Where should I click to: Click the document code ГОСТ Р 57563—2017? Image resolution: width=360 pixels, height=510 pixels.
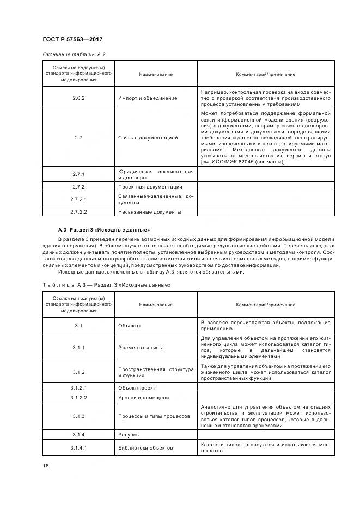click(72, 39)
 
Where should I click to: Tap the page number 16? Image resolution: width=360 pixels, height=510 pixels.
click(45, 465)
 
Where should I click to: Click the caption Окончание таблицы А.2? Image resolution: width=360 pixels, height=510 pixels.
click(74, 54)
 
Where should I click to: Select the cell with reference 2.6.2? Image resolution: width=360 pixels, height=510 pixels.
click(78, 98)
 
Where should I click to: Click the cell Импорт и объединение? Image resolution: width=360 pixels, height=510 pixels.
click(147, 98)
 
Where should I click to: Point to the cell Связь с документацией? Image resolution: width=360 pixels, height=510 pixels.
click(148, 138)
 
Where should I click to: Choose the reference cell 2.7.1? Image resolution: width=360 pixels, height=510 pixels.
click(78, 174)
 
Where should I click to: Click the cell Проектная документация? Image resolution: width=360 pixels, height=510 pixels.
click(150, 187)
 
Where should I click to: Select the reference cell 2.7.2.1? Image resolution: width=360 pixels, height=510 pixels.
click(78, 199)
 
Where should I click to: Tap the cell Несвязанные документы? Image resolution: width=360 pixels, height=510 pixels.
click(149, 211)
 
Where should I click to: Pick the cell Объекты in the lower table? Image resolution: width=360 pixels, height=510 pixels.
click(130, 325)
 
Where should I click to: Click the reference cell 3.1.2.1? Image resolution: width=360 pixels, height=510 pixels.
click(78, 387)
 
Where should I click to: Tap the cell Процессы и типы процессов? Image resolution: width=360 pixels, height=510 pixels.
click(154, 416)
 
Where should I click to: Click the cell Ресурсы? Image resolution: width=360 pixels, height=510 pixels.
click(129, 435)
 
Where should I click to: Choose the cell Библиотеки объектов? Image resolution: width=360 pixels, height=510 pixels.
click(145, 448)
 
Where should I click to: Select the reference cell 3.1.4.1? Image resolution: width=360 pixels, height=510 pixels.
click(78, 448)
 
